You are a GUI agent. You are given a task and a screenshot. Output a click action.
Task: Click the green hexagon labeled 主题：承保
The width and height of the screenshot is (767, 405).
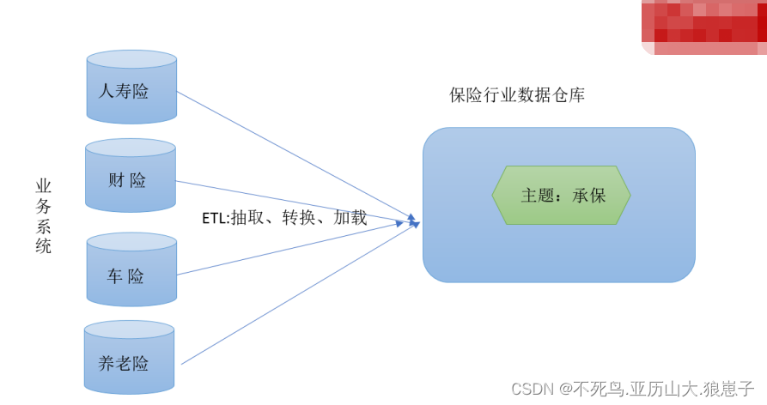point(561,195)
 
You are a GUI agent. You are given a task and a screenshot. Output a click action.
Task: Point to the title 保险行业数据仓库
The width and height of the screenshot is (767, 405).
point(517,95)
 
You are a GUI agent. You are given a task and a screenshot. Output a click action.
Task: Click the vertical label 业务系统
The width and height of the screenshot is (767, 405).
point(43,215)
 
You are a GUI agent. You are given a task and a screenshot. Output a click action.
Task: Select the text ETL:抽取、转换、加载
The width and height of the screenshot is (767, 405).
point(284,218)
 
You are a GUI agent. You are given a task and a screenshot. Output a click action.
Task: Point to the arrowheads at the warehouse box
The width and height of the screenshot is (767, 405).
point(413,221)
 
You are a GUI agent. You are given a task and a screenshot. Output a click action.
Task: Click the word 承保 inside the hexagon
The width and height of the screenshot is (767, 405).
point(589,196)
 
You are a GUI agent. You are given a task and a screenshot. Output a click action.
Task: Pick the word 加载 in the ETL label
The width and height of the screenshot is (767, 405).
point(350,218)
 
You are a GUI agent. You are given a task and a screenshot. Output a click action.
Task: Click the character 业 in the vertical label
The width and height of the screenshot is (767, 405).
point(43,186)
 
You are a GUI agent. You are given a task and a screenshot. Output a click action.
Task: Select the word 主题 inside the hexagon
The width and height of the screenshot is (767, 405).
point(537,196)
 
